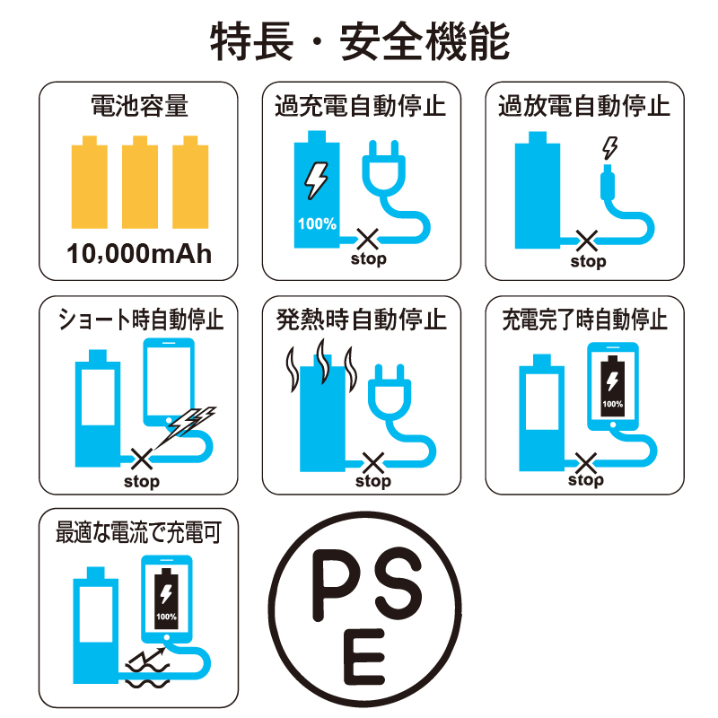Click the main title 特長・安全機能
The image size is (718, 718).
point(360,42)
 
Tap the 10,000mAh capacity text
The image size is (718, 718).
point(139,253)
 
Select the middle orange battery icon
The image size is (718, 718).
point(140,182)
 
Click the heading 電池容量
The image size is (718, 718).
point(139,106)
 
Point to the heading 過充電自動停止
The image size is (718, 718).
point(361,106)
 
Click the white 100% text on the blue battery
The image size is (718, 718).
point(317,223)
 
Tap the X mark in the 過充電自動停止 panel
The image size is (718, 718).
point(368,240)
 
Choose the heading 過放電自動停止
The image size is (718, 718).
point(584,106)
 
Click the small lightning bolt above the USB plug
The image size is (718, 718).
point(610,148)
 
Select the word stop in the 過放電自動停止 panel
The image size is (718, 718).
point(589,262)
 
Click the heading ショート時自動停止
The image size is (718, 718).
point(141,320)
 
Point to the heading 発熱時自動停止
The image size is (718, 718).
point(362,320)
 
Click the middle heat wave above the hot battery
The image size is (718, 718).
point(323,362)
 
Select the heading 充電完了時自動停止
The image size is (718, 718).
point(585,320)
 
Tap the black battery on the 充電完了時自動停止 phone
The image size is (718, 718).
point(613,386)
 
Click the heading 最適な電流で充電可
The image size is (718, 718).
point(139,532)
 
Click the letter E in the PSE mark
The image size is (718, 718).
point(363,657)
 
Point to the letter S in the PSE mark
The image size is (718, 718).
point(398,582)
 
